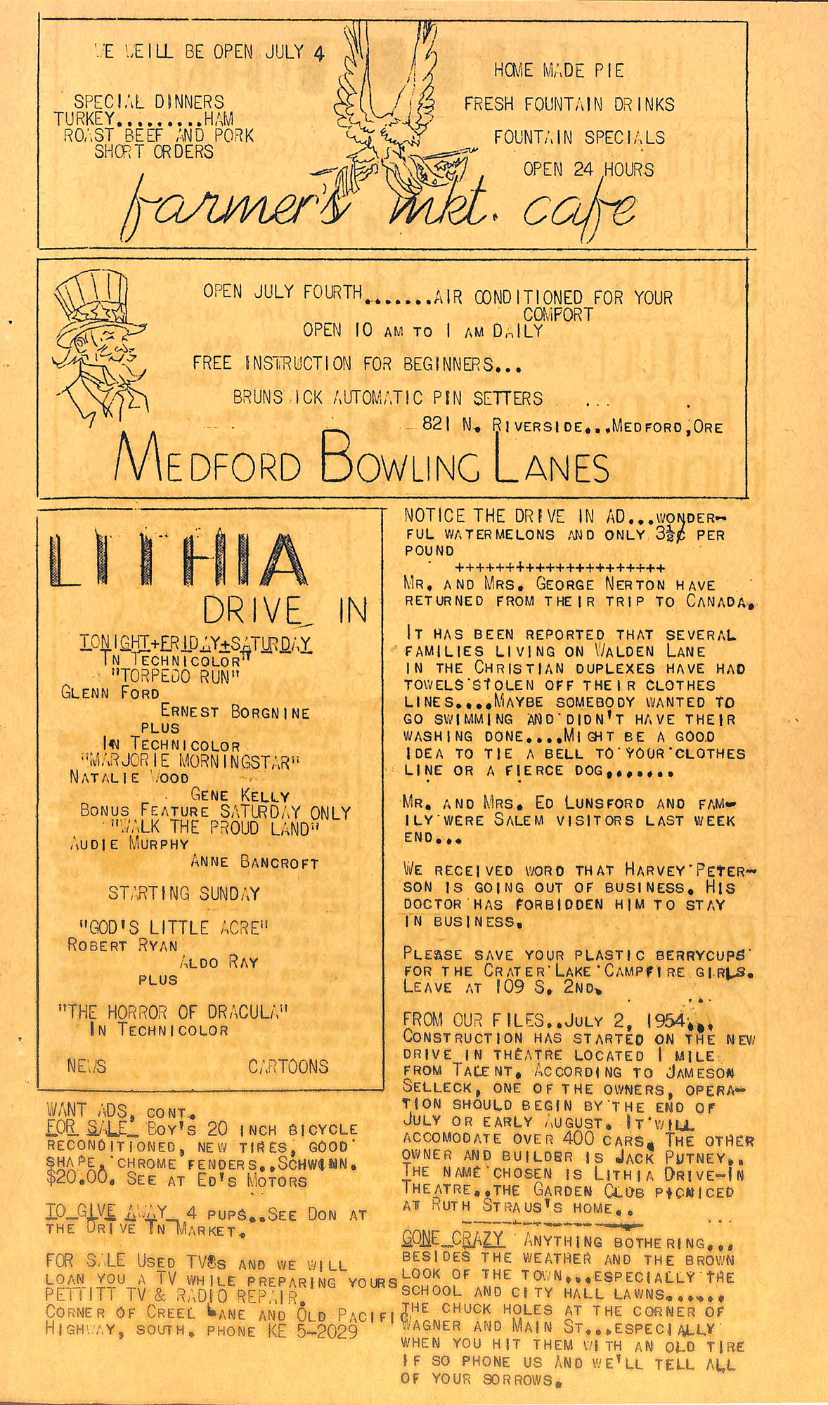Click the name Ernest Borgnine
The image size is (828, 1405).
[235, 712]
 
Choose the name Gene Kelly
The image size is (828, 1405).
[240, 795]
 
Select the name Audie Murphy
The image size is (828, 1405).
[130, 844]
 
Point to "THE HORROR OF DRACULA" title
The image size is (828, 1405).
[173, 1012]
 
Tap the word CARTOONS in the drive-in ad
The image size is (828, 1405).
[288, 1066]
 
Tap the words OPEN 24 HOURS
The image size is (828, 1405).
[588, 169]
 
